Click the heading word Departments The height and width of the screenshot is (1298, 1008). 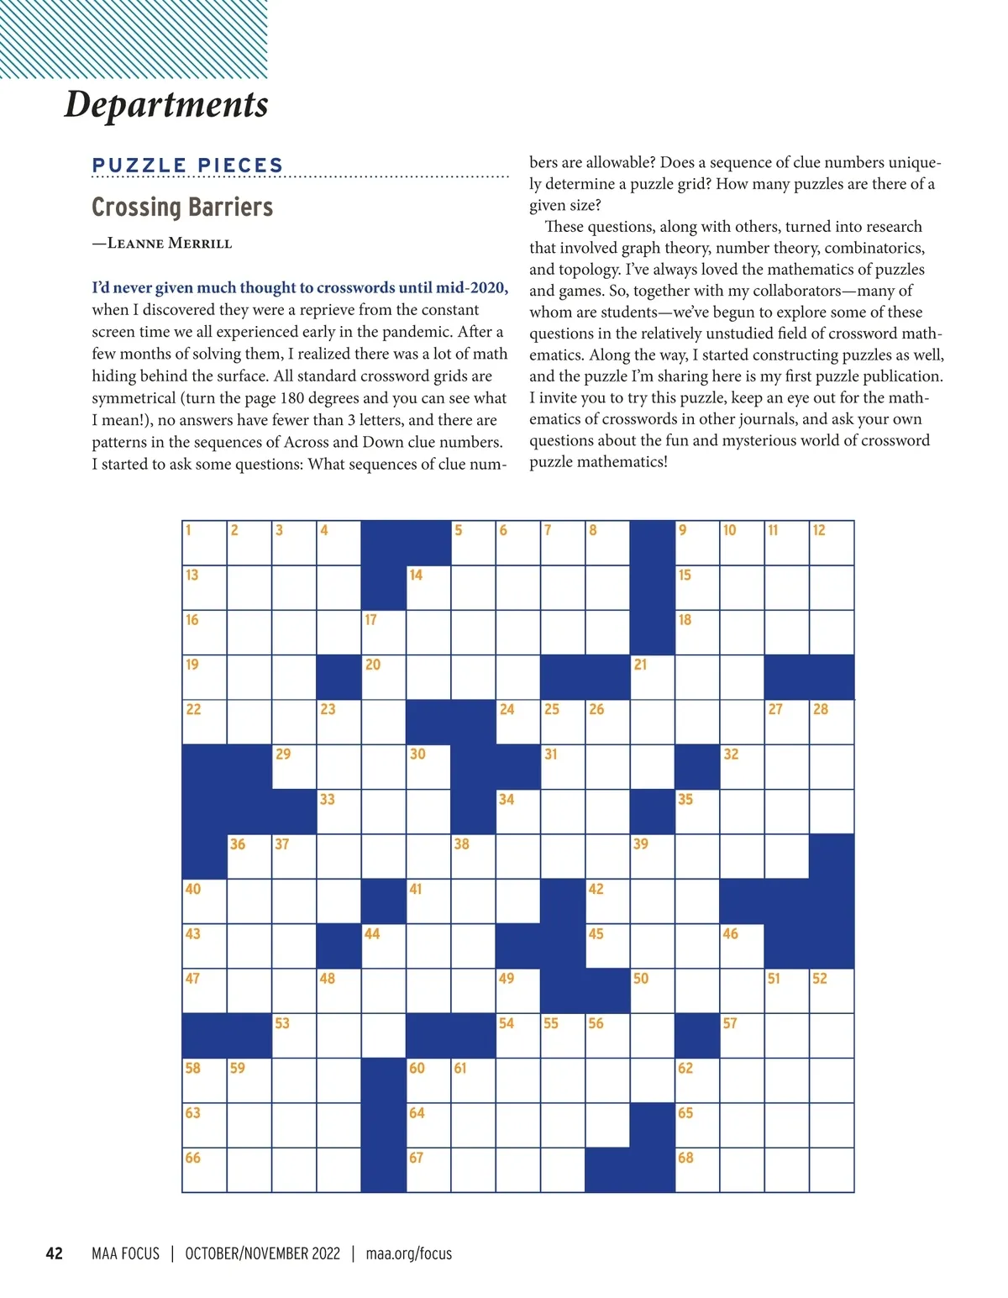166,104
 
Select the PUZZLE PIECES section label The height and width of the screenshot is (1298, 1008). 188,166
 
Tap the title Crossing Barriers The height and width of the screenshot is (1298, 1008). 182,207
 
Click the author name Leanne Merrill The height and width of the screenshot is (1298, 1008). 170,244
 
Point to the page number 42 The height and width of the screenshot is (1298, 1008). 54,1253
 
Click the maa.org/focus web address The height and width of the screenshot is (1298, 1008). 409,1253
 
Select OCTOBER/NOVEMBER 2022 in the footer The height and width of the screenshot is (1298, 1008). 262,1253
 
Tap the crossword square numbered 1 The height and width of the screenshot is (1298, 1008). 204,543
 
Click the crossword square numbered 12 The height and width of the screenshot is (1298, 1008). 832,543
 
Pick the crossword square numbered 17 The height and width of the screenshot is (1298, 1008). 383,633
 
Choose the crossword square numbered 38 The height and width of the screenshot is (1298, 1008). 473,857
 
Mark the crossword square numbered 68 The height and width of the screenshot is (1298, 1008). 697,1170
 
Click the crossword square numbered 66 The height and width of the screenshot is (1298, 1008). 204,1170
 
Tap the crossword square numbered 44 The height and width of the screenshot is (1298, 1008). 383,946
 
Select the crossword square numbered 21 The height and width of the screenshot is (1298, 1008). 652,677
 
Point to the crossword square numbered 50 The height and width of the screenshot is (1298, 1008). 652,991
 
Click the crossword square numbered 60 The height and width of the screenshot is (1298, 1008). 428,1080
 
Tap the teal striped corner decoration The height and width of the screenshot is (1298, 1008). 134,39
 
